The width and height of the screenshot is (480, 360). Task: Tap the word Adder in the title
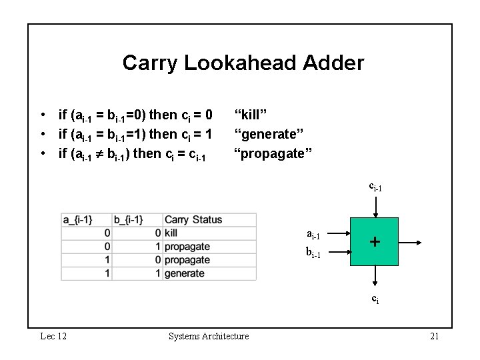pyautogui.click(x=333, y=63)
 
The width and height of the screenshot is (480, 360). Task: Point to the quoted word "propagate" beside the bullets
pyautogui.click(x=272, y=155)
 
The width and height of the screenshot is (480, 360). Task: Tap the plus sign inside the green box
pyautogui.click(x=375, y=241)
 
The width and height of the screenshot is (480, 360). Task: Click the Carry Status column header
pyautogui.click(x=193, y=220)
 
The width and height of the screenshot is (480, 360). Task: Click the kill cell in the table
pyautogui.click(x=171, y=233)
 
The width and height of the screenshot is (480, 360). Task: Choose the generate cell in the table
pyautogui.click(x=184, y=273)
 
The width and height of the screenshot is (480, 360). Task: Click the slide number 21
pyautogui.click(x=434, y=336)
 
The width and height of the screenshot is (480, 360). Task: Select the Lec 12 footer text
pyautogui.click(x=53, y=336)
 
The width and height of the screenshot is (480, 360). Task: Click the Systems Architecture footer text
pyautogui.click(x=209, y=336)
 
